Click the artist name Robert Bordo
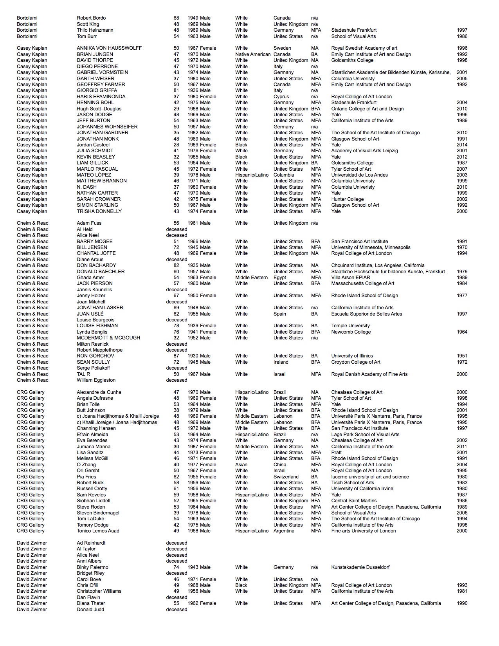tap(91, 18)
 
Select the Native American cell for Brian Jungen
tap(253, 54)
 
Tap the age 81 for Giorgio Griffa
tap(176, 90)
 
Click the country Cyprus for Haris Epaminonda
tap(281, 97)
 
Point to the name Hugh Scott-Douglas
tap(99, 109)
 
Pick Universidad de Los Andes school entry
tap(359, 175)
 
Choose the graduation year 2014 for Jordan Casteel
tap(462, 145)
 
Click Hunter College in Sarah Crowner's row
tap(347, 199)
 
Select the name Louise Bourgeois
tap(95, 320)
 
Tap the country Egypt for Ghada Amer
tap(280, 278)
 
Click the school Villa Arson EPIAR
tap(351, 278)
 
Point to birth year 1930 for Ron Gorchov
tap(193, 356)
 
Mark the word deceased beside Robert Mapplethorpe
tap(177, 350)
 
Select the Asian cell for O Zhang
tap(241, 465)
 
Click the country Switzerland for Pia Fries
tap(286, 477)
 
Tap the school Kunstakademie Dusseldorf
tap(360, 567)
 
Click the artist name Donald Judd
tap(90, 610)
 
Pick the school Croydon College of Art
tap(356, 362)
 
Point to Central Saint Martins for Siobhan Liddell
tap(354, 501)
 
